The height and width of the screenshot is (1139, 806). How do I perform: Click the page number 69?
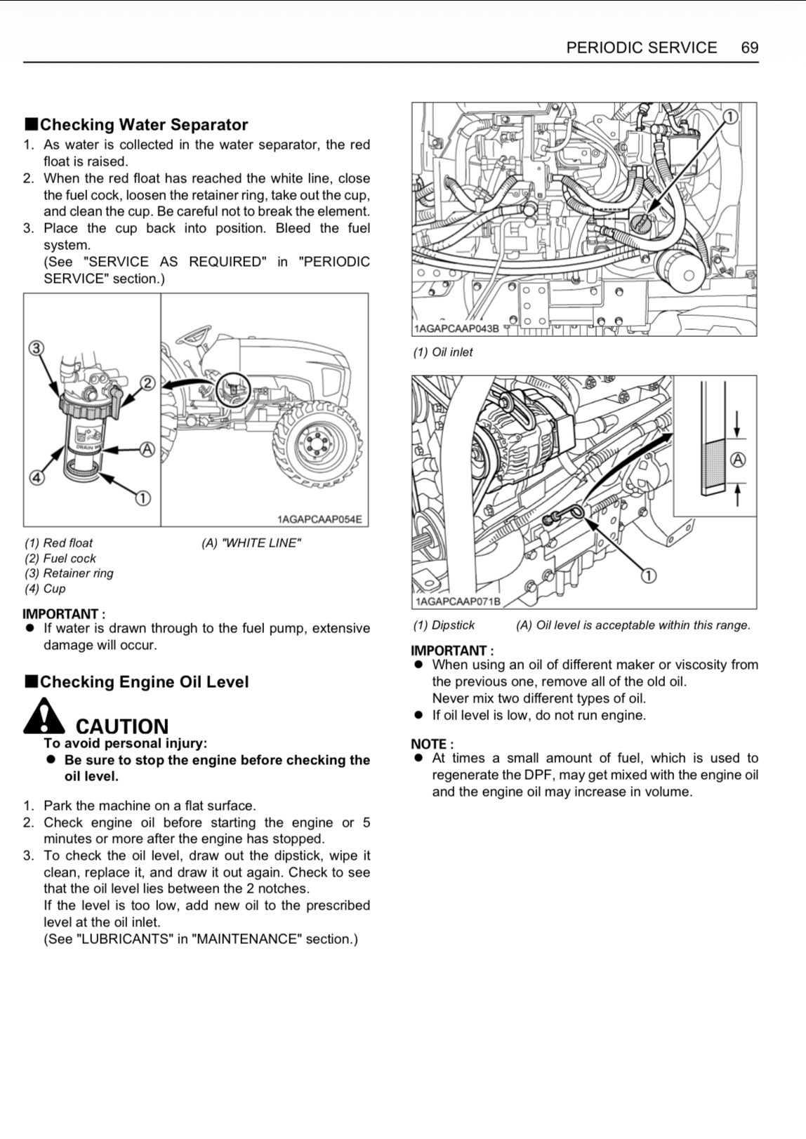(749, 48)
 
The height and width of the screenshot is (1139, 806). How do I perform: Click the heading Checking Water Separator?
(143, 125)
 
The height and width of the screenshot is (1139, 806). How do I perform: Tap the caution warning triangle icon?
(43, 716)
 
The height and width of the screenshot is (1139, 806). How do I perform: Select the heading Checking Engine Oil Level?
(144, 682)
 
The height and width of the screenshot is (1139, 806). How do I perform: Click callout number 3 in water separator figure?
(37, 348)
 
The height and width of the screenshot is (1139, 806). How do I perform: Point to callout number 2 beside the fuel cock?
(148, 383)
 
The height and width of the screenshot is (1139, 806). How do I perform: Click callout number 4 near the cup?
(36, 477)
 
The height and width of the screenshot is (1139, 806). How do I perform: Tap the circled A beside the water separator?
(147, 449)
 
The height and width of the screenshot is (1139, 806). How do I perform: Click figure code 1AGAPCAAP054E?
(319, 519)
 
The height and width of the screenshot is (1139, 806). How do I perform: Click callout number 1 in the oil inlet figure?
(730, 116)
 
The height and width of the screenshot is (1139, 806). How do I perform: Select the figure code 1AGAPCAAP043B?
(456, 328)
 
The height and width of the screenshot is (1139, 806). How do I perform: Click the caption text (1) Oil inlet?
(443, 352)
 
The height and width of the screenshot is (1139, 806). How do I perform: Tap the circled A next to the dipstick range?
(738, 460)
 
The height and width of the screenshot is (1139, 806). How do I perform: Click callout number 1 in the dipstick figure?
(649, 575)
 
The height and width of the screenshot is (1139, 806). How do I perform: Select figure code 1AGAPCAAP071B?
(458, 601)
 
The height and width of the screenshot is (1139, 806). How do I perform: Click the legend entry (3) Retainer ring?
(69, 573)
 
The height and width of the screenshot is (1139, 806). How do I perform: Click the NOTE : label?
(432, 744)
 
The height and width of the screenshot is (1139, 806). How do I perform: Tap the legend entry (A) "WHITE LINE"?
(251, 543)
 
